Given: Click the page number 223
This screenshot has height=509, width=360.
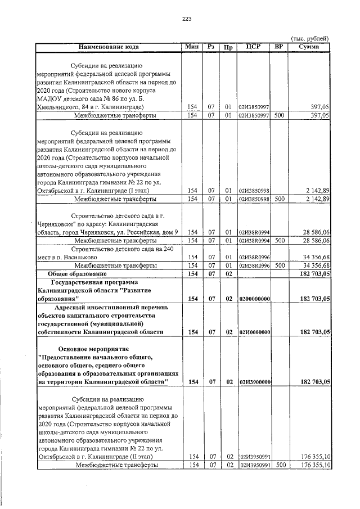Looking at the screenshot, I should [187, 19].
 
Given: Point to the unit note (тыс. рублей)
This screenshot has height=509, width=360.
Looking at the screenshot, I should [309, 39].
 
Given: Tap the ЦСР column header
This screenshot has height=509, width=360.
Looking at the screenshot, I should [253, 47].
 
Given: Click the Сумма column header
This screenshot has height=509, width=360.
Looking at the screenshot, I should [309, 47].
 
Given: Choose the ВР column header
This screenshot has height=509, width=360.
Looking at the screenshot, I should [278, 47].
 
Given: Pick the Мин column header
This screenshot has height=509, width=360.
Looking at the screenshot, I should [192, 47].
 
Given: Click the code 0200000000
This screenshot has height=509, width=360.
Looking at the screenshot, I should [254, 299].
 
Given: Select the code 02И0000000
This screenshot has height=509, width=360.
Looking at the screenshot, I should [254, 332].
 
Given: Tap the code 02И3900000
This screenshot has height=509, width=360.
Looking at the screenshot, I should [254, 382].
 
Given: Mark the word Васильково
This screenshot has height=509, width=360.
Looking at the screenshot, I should [92, 256].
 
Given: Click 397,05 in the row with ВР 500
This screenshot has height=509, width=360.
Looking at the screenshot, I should [318, 115].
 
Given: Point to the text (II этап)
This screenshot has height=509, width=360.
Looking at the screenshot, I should [153, 457].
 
